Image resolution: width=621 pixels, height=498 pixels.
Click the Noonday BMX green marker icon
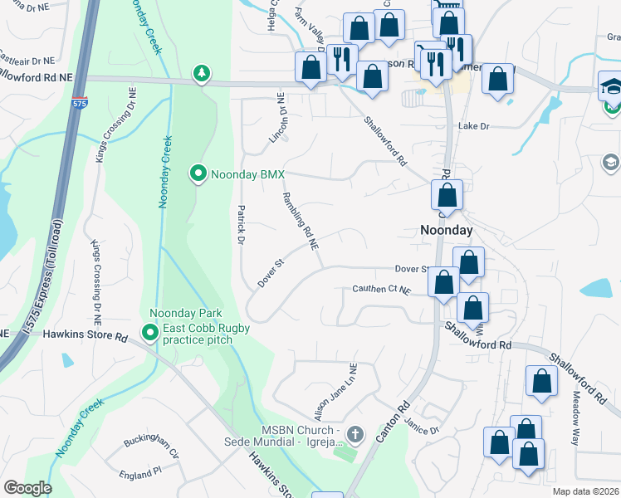[198, 173]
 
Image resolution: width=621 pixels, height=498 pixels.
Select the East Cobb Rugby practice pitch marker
[150, 334]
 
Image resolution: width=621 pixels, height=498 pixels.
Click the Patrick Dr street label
[240, 225]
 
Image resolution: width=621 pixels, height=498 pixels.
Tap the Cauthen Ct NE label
[381, 290]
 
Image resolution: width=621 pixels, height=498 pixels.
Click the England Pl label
[140, 473]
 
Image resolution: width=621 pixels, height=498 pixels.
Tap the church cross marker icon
[355, 434]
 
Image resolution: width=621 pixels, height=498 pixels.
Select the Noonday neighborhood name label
[445, 231]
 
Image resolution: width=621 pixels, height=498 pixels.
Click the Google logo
[27, 488]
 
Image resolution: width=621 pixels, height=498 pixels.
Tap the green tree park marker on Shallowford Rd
[201, 74]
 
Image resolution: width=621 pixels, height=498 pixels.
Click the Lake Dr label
[476, 126]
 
